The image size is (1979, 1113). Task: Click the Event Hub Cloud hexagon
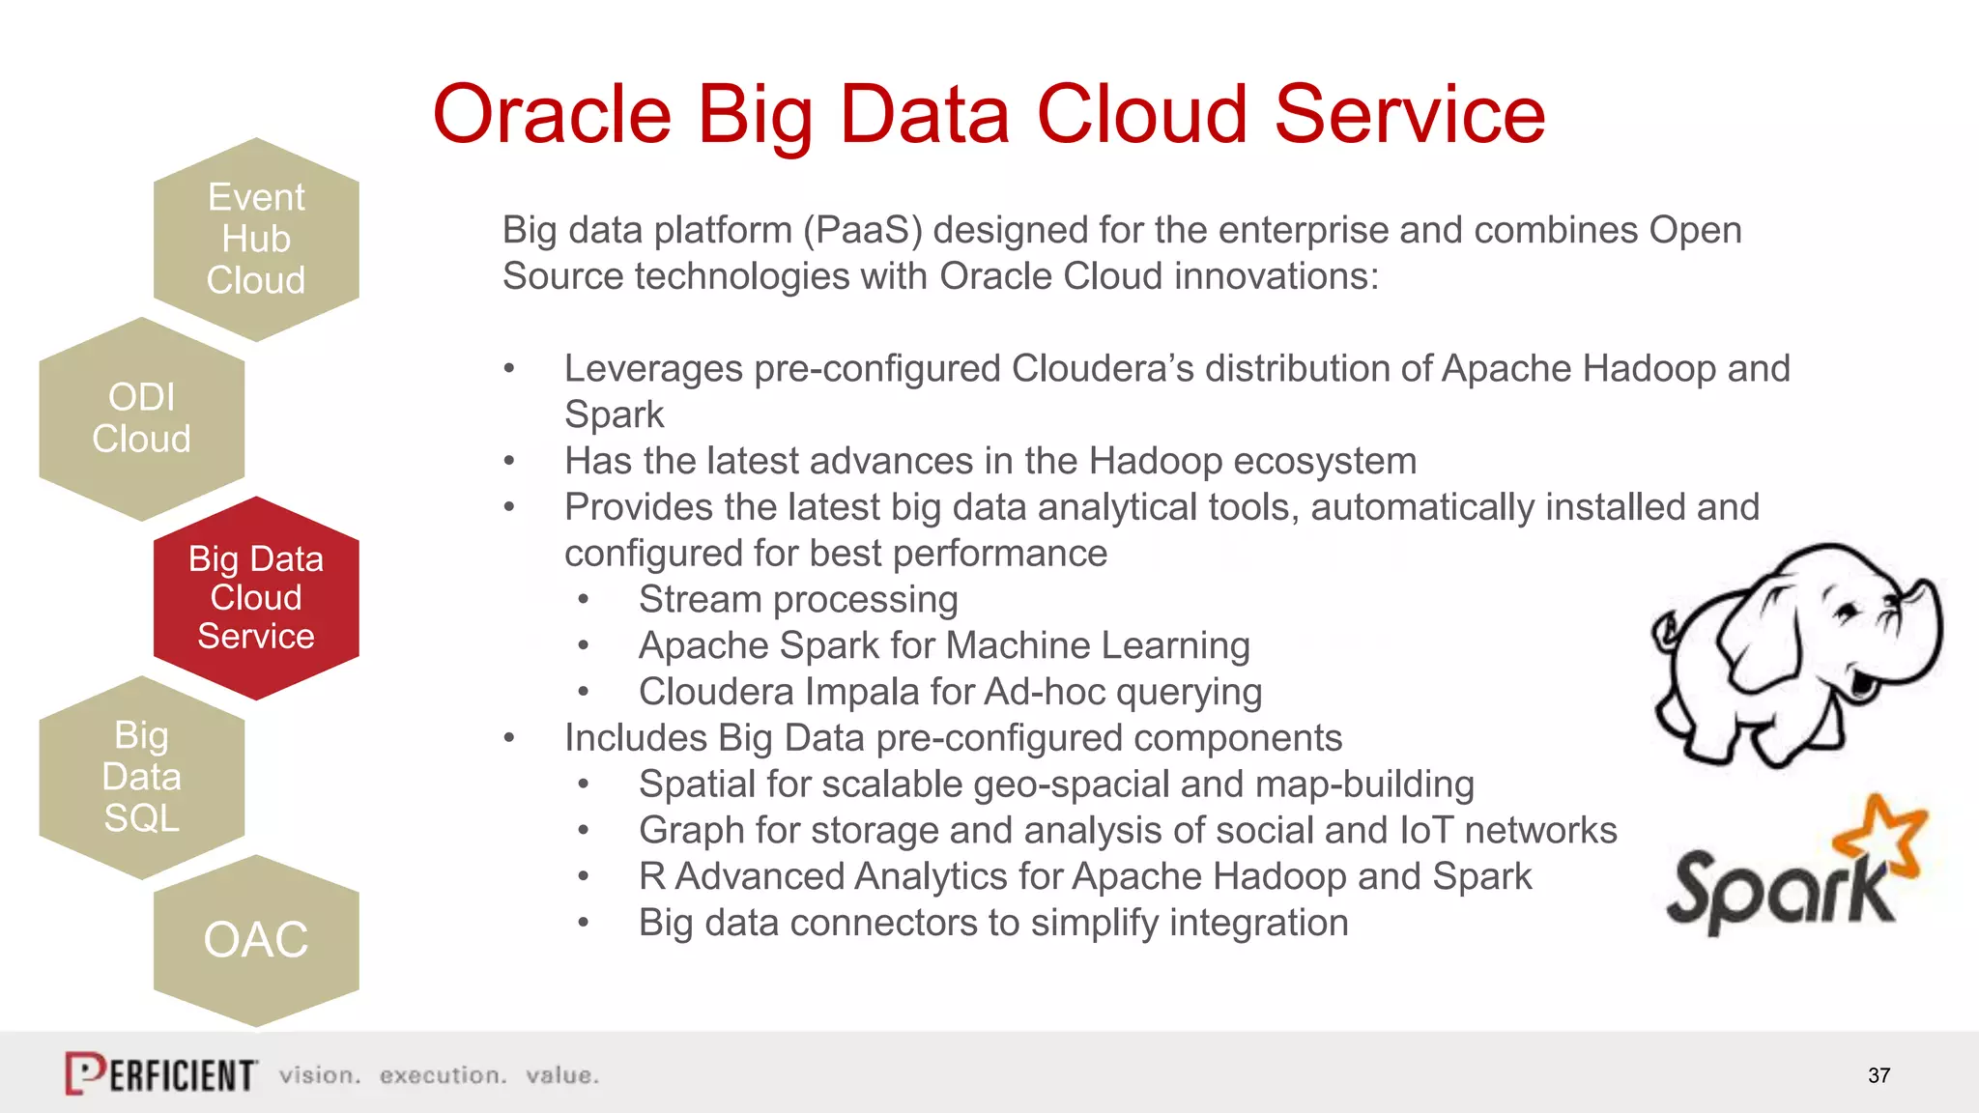click(256, 240)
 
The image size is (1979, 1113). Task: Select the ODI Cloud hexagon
click(142, 418)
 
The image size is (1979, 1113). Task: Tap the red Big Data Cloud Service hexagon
click(256, 598)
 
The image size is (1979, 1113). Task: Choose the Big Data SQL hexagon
click(142, 777)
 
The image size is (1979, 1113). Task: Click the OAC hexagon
click(256, 940)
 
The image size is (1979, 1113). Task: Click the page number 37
click(1879, 1075)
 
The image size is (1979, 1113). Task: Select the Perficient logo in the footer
click(161, 1073)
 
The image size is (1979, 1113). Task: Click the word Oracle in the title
click(552, 115)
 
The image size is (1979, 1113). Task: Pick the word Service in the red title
click(1410, 115)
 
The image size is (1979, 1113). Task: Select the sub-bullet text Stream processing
click(798, 600)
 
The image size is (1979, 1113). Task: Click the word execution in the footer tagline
click(443, 1075)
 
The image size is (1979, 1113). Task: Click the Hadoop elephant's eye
click(1847, 611)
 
